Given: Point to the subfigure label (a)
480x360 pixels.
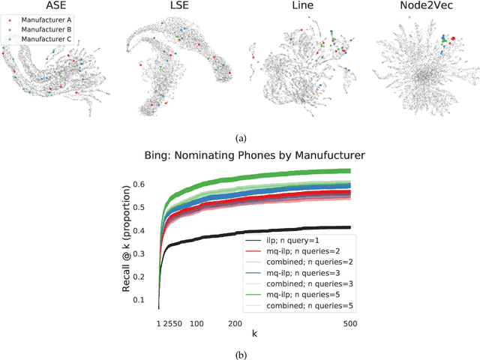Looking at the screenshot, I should (x=240, y=138).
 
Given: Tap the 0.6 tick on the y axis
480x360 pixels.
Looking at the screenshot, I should (x=146, y=184).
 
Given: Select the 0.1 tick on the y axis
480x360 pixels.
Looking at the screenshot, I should (x=146, y=300).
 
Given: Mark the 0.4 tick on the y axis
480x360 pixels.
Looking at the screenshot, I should (x=146, y=231).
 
